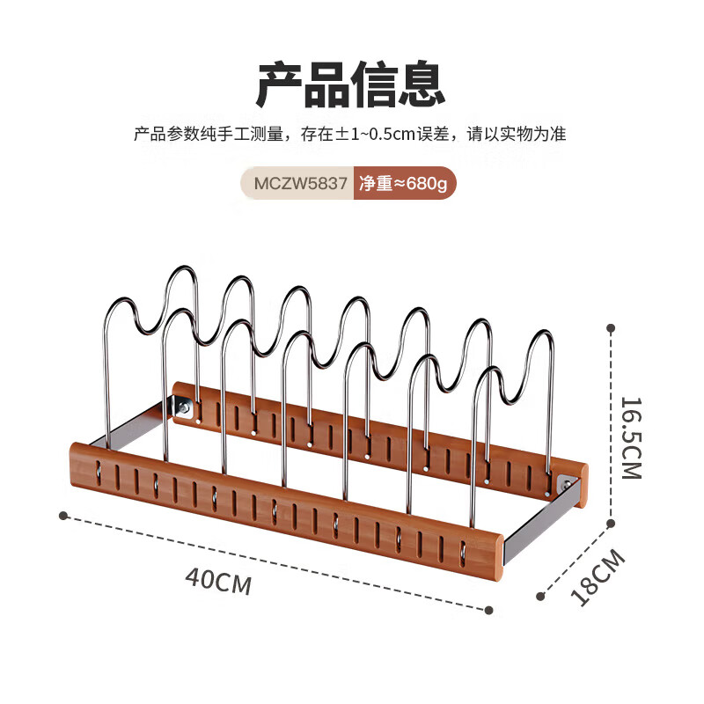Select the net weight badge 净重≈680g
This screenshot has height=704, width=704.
[x=403, y=186]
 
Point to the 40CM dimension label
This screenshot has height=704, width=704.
[x=218, y=581]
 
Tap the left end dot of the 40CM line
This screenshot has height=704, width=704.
[x=63, y=514]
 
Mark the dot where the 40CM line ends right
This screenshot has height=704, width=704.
[x=490, y=609]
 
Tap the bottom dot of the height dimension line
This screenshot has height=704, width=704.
[x=610, y=523]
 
